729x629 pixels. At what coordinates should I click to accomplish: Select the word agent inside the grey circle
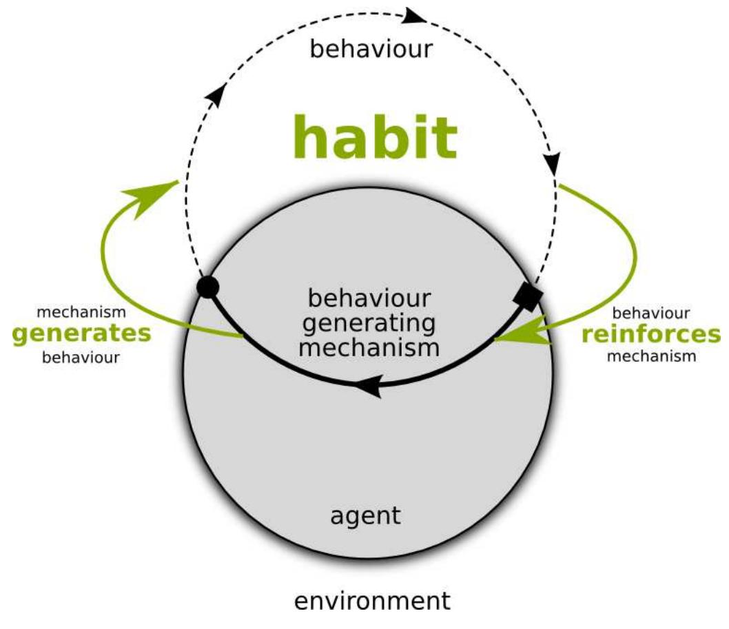click(365, 515)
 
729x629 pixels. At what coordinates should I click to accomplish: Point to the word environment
click(372, 600)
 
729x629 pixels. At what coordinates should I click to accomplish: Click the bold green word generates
click(82, 334)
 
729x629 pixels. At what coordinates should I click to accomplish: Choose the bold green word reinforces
click(650, 334)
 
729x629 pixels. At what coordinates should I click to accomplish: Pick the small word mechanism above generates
click(82, 312)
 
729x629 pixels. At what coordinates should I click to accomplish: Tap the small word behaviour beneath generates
click(82, 358)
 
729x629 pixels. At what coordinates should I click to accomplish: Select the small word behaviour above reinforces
click(651, 313)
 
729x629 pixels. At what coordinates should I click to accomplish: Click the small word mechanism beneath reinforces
click(651, 356)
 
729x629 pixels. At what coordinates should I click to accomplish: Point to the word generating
click(371, 322)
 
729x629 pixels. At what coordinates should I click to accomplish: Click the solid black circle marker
click(208, 287)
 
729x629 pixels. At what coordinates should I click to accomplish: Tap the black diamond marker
click(528, 297)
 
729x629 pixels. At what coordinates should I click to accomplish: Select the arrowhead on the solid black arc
click(368, 387)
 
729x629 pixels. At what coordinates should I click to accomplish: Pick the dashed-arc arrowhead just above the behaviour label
click(415, 15)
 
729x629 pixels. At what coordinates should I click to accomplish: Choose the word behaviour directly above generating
click(371, 300)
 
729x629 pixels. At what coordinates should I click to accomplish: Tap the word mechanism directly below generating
click(371, 346)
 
